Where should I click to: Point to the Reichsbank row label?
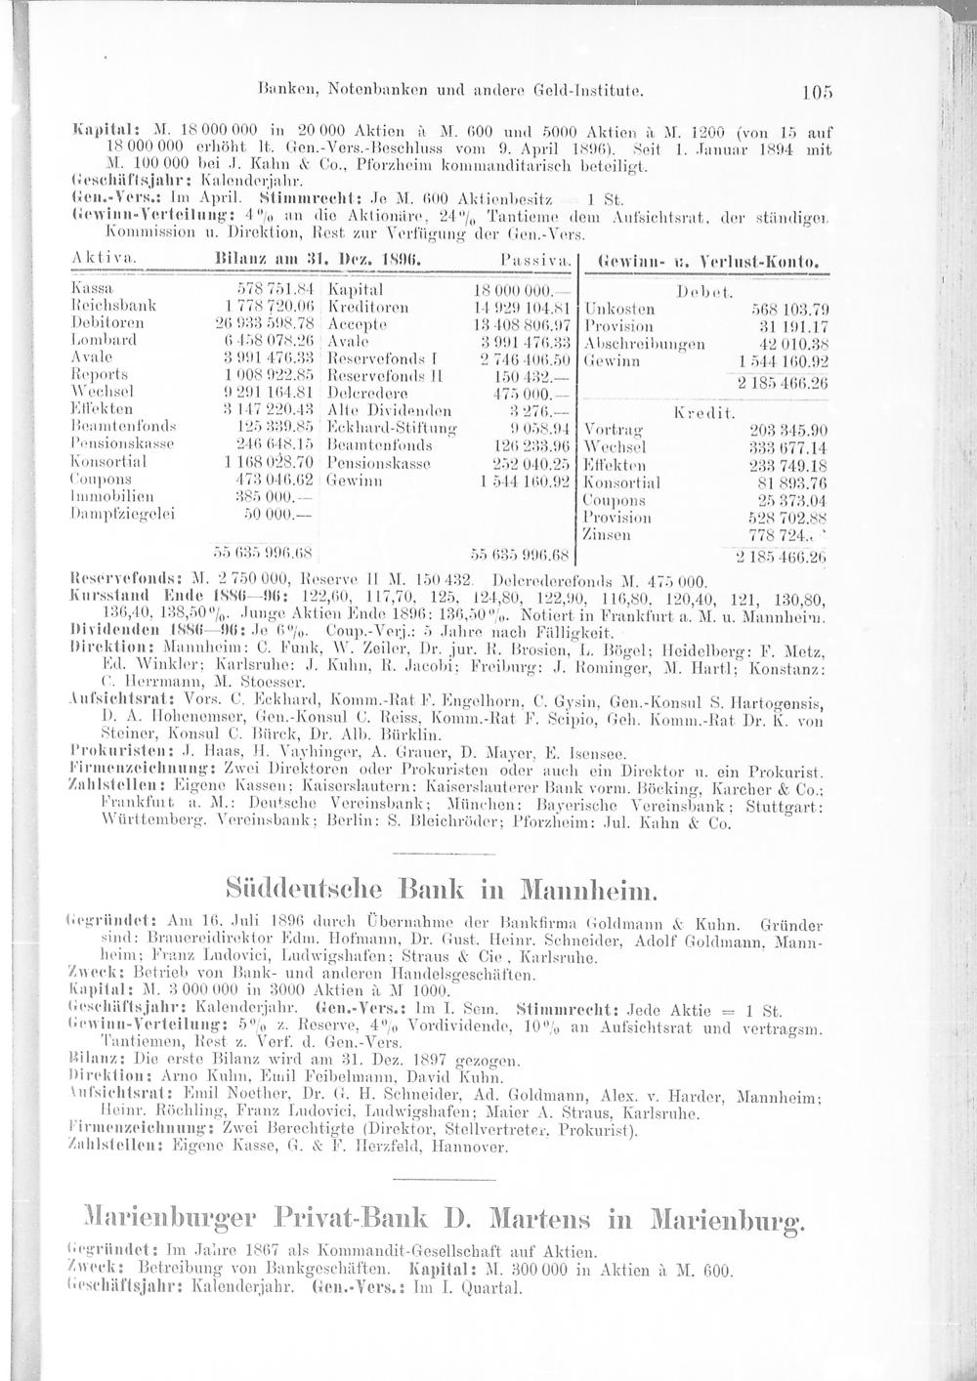point(101,308)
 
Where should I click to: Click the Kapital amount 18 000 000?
point(523,290)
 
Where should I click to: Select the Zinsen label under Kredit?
point(603,534)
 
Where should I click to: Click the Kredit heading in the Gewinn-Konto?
point(698,413)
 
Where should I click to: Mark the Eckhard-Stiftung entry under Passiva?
point(385,429)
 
